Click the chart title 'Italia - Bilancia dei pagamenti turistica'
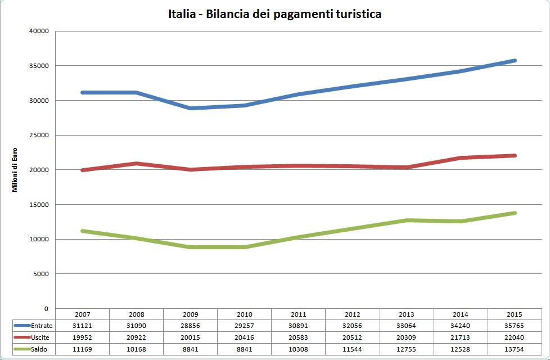tap(274, 14)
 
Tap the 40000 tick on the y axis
tap(38, 31)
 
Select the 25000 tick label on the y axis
tap(38, 135)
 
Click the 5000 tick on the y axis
tap(40, 274)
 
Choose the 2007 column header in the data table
tap(82, 314)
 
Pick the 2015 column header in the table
tap(515, 314)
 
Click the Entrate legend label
tap(42, 326)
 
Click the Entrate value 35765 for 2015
tap(515, 326)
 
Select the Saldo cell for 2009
tap(191, 349)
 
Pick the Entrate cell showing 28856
tap(191, 326)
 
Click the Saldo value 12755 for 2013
tap(407, 349)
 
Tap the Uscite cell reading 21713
tap(461, 337)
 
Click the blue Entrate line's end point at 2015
tap(515, 61)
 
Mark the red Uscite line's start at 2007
tap(83, 170)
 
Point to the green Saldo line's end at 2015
tap(515, 213)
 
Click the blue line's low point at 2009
tap(191, 108)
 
